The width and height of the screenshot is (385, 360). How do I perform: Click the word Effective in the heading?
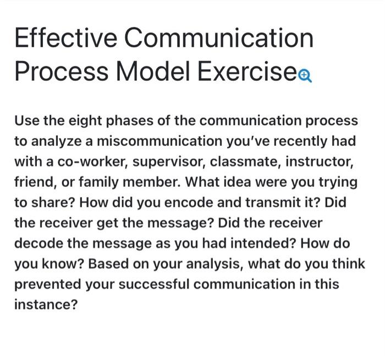tap(65, 38)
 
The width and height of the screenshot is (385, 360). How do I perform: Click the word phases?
tap(125, 121)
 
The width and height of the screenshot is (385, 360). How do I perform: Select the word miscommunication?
tap(153, 141)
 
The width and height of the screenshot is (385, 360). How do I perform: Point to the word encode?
tap(183, 203)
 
